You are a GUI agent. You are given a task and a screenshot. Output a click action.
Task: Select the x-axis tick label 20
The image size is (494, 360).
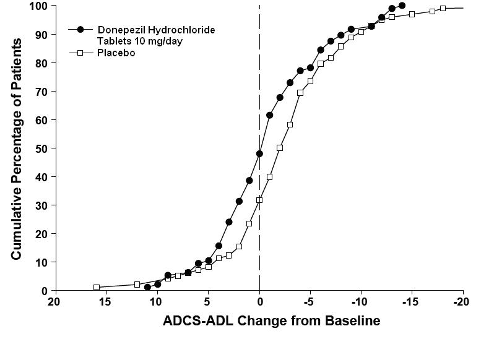coord(54,302)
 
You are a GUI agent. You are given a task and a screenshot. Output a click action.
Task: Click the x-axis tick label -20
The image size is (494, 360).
coord(462,302)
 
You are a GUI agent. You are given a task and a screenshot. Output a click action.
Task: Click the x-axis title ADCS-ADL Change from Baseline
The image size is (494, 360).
coord(271,321)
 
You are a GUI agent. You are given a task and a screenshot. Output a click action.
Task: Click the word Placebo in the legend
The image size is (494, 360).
coord(116,53)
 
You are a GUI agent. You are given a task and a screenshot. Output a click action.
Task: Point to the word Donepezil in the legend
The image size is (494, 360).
coord(123,30)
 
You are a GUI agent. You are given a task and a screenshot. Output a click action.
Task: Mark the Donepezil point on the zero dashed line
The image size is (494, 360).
coord(259,153)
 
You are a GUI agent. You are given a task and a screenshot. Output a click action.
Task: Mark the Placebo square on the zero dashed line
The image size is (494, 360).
coord(259,200)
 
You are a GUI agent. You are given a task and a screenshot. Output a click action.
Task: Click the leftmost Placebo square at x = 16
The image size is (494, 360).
coord(97,287)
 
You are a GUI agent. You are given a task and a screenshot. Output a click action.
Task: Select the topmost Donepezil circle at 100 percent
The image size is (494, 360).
coord(402,6)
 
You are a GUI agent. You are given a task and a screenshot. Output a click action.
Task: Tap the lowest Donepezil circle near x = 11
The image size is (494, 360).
coord(147,287)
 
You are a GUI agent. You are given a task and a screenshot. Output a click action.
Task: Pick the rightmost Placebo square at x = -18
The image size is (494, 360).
coord(443,8)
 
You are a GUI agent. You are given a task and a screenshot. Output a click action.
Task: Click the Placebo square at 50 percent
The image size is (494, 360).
coord(280,148)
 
